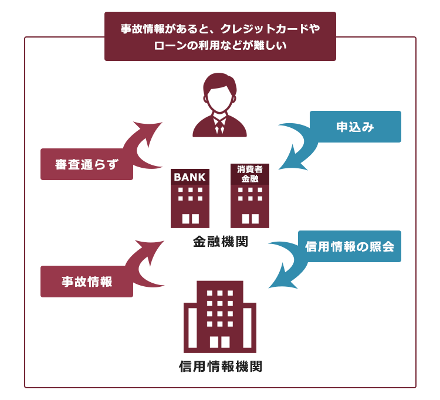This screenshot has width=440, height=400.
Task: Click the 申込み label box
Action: point(356,127)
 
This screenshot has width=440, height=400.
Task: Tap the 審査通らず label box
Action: point(87,164)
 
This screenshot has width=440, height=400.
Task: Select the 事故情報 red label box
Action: point(87,282)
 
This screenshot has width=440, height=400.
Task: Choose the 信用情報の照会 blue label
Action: point(350,246)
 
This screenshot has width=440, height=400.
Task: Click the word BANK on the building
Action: point(189,177)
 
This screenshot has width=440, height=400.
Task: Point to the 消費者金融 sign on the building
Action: point(250,174)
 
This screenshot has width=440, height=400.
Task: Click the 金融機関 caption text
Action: point(221,241)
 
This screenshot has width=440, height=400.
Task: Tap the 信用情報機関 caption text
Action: point(221,367)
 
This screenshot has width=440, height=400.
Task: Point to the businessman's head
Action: point(220,92)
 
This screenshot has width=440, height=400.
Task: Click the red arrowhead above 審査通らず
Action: point(148,131)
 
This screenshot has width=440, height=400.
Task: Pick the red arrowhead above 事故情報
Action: point(150,250)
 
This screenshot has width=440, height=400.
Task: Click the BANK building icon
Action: point(190,198)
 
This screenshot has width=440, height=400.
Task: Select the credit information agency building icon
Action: point(220,317)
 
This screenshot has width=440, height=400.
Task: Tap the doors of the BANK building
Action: point(191,219)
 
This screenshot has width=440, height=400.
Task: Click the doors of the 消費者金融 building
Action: point(251,219)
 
